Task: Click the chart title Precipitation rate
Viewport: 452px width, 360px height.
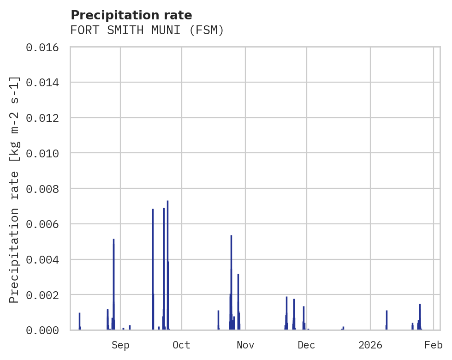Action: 131,15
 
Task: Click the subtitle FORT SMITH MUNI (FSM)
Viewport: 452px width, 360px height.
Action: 147,30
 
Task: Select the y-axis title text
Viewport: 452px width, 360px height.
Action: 15,190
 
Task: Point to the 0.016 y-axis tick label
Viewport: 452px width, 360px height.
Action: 42,48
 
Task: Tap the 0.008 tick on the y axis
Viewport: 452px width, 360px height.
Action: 42,189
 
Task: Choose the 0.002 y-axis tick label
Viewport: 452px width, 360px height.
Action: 42,294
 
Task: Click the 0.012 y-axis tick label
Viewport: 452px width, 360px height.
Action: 42,118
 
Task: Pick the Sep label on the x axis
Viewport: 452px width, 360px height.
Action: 120,345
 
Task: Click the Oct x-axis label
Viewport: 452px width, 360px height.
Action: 181,345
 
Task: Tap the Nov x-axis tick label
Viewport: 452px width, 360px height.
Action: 245,345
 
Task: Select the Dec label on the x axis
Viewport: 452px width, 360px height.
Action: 306,345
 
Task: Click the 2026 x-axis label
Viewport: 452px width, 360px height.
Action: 370,345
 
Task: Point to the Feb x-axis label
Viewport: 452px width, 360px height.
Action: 434,345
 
